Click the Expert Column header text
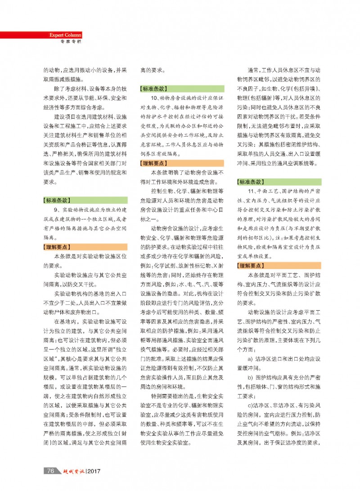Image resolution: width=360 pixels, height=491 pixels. (66, 35)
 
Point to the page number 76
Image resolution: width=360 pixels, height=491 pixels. (50, 471)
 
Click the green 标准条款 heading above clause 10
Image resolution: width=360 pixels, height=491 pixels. (154, 89)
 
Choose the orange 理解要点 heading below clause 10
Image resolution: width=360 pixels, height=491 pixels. (154, 163)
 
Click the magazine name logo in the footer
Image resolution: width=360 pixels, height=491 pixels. (72, 471)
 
